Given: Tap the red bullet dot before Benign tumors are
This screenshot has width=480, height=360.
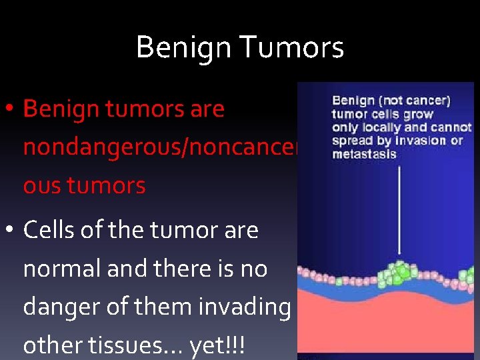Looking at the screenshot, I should [12, 109].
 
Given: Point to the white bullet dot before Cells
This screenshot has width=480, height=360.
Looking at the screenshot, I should [12, 231].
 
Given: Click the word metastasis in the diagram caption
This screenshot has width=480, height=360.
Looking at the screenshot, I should [364, 154].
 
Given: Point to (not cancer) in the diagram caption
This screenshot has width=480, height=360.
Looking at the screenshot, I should [417, 101].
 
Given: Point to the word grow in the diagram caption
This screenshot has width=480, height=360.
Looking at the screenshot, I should [419, 114].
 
